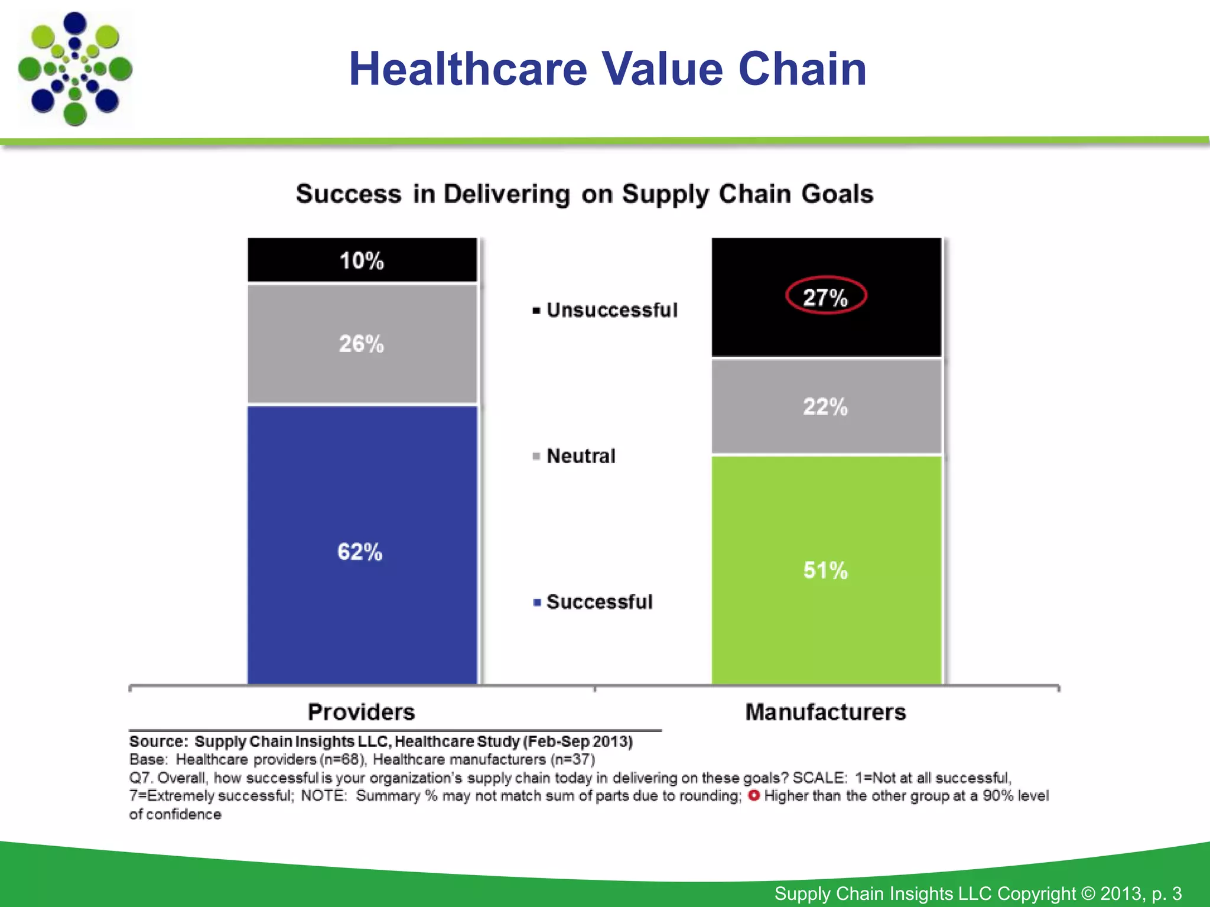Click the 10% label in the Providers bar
coord(362,260)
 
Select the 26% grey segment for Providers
coord(362,344)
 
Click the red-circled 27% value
coord(825,296)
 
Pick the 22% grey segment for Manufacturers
coord(825,407)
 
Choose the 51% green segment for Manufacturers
coord(825,570)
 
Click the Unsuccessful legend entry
coord(611,310)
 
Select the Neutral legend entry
coord(581,456)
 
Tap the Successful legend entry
coord(599,602)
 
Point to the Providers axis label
coord(361,712)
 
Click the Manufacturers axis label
coord(825,712)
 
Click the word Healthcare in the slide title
coord(468,69)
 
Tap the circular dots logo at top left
coord(75,69)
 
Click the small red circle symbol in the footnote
coord(753,795)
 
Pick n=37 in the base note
coord(573,759)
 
